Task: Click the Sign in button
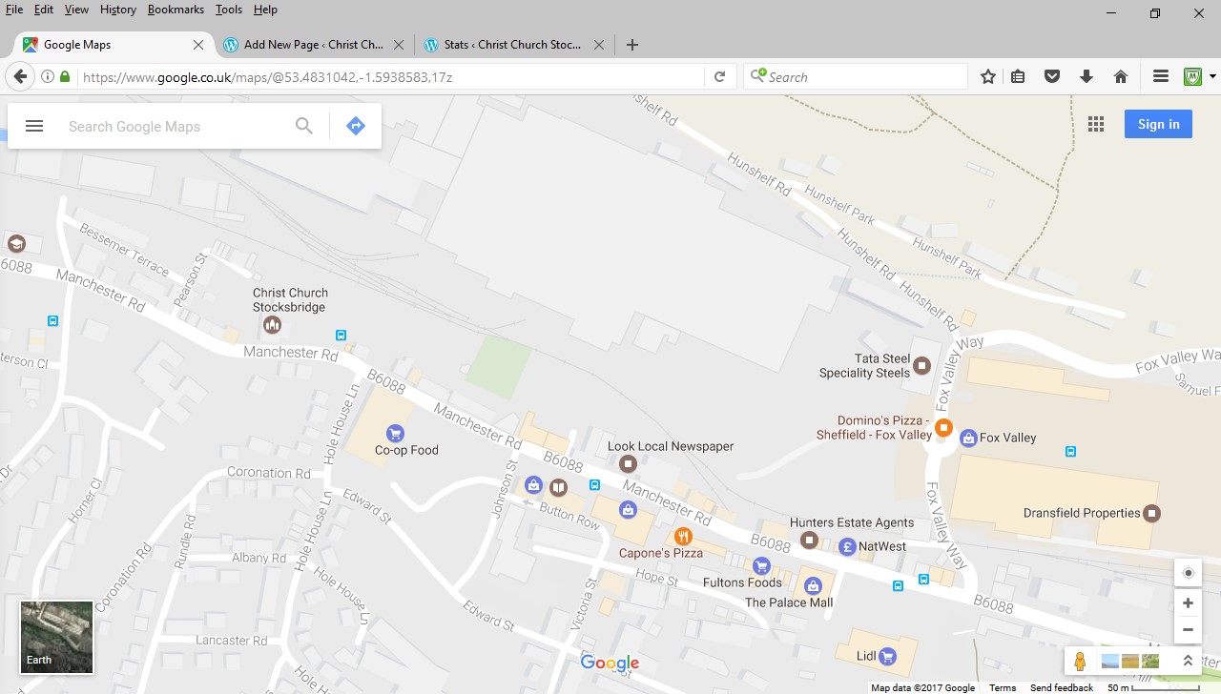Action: click(1158, 124)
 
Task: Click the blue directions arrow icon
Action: click(356, 126)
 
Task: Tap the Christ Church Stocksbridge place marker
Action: click(272, 326)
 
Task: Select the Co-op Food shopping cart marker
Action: click(395, 435)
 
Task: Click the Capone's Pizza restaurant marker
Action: click(682, 537)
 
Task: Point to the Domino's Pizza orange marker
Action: click(943, 427)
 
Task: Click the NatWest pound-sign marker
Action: click(847, 547)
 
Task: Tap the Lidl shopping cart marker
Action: click(888, 656)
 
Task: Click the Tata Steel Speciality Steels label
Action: click(864, 366)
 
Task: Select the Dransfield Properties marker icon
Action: click(1152, 513)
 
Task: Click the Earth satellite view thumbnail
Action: click(56, 637)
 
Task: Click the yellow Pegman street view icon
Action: click(1080, 662)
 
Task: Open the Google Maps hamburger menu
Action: click(34, 126)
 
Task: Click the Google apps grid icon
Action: click(1096, 124)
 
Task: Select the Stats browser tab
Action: click(511, 45)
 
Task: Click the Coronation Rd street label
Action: click(268, 473)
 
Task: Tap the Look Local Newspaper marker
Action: click(628, 464)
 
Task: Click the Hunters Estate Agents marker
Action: click(810, 541)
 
